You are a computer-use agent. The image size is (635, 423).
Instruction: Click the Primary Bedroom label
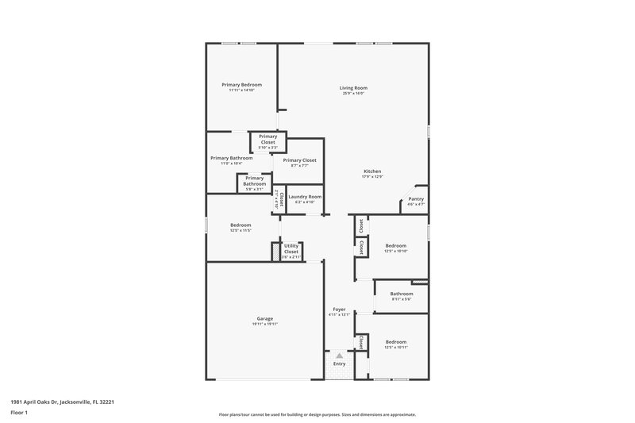(241, 85)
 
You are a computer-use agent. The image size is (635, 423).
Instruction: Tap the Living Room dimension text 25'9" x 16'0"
(353, 94)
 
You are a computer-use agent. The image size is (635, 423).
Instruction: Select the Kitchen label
(372, 171)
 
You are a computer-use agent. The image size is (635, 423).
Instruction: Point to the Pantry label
(416, 199)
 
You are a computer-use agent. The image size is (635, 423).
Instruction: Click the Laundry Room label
(305, 197)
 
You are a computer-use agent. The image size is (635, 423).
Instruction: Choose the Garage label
(264, 318)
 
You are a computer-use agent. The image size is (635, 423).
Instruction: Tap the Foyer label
(339, 310)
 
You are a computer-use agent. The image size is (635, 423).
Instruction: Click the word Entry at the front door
(339, 363)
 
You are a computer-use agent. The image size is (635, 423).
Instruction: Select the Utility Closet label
(291, 249)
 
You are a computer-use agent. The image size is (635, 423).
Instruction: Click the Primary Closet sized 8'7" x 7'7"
(299, 160)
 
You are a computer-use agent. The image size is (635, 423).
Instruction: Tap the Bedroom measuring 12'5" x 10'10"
(395, 246)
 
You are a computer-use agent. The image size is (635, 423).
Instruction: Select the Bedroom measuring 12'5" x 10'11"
(395, 342)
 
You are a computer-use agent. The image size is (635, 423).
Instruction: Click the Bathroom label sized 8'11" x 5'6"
(401, 294)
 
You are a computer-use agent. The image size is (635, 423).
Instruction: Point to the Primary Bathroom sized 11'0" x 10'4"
(231, 158)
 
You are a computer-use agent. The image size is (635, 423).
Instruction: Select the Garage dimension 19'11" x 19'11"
(264, 324)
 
